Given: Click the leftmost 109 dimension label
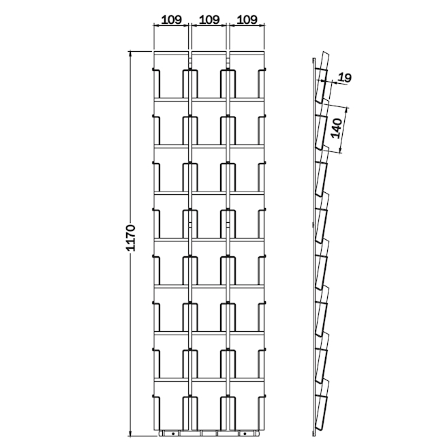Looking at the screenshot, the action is (x=171, y=20).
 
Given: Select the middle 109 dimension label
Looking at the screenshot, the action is (x=209, y=20).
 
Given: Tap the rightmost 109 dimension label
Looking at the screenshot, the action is (x=246, y=20).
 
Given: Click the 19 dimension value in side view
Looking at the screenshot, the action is (x=344, y=78).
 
